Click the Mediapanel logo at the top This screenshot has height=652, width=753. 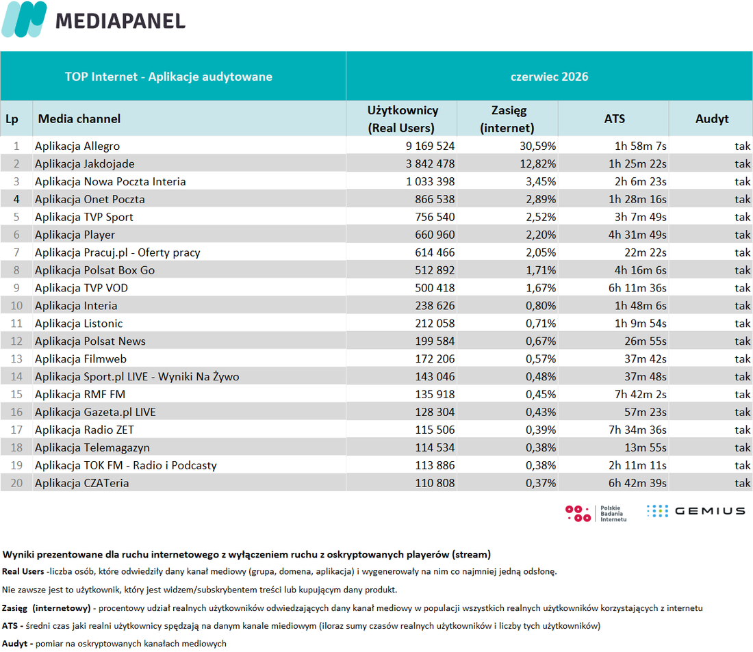tap(94, 19)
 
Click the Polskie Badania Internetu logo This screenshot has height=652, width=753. tap(596, 513)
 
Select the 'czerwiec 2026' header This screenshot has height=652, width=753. tap(549, 77)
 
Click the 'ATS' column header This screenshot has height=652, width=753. tap(614, 118)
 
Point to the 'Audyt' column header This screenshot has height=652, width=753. tap(712, 119)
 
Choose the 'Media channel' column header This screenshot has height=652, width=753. tap(79, 118)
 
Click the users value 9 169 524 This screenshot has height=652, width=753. tap(430, 146)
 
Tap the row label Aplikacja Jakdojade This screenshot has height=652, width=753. tap(84, 164)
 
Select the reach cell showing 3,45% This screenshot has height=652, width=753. tap(541, 182)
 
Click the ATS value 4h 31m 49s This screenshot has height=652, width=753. tap(637, 235)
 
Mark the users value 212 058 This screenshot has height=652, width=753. tap(435, 324)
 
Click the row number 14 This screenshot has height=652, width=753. tap(16, 377)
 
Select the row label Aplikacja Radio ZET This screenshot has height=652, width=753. tap(84, 430)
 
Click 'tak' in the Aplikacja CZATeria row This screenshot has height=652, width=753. tap(742, 483)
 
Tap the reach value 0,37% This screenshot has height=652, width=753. tap(541, 483)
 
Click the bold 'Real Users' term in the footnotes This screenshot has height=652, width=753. tap(23, 571)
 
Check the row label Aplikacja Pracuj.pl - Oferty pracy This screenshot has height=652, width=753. tap(118, 253)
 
